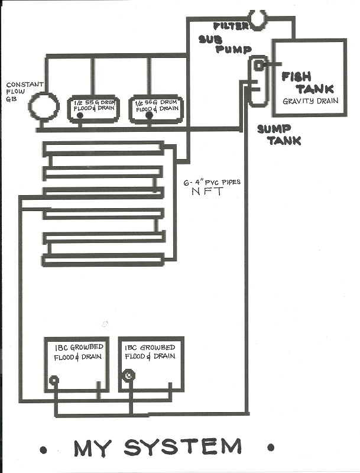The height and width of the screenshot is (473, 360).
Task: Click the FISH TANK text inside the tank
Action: point(307,83)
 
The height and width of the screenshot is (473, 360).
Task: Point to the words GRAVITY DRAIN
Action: point(310,101)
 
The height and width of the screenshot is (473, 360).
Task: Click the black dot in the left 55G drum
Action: point(80,115)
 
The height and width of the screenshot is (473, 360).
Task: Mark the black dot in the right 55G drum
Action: point(148,115)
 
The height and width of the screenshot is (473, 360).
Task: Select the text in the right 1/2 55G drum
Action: point(155,105)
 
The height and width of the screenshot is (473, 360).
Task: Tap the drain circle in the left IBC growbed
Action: point(54,380)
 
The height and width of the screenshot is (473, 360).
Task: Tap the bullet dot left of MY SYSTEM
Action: point(43,449)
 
